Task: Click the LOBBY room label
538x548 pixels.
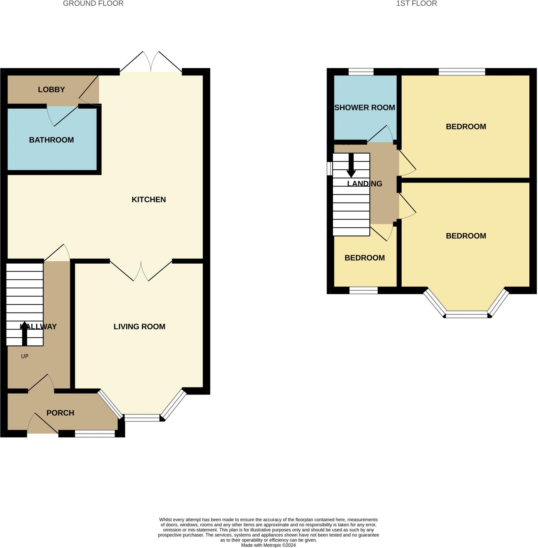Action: pos(51,90)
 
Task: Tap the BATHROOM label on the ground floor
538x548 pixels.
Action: pos(51,140)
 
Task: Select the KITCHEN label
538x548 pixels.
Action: pos(149,200)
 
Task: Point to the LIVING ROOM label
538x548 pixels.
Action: pos(139,327)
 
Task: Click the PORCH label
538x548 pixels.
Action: pos(60,413)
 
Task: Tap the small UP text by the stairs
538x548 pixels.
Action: pos(25,356)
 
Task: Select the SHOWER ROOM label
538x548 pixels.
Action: pos(364,108)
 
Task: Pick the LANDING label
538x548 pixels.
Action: pos(364,184)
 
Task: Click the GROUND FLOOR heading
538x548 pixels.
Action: pos(93,4)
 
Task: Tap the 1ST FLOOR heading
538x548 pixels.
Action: pos(416,4)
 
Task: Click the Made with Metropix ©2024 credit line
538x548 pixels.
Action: pos(268,545)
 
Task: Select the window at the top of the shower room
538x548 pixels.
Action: pos(361,72)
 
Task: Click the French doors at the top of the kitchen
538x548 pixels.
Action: pos(151,65)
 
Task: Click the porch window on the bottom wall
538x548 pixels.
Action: pos(95,433)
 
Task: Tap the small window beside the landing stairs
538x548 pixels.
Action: pos(329,169)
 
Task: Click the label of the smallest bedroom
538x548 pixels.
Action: pos(364,258)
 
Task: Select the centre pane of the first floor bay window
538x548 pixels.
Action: pos(467,314)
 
